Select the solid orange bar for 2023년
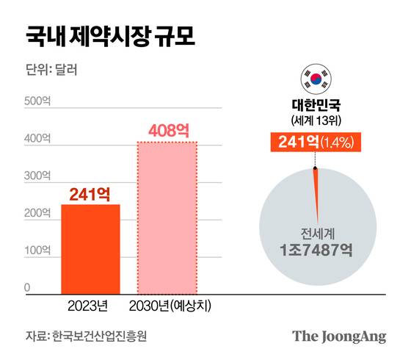90,249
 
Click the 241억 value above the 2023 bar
90,194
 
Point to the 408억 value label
168,131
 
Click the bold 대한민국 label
316,104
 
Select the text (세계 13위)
316,120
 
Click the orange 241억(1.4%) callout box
316,142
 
